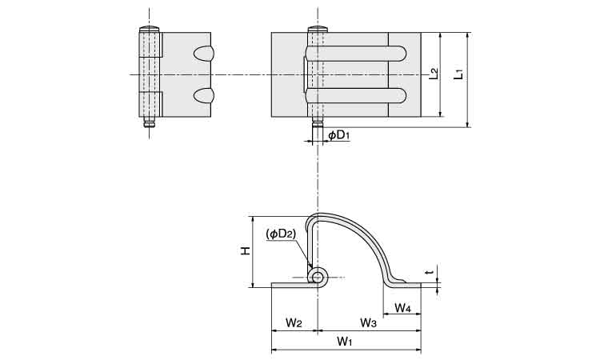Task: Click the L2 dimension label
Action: pyautogui.click(x=434, y=74)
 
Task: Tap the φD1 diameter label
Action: pyautogui.click(x=338, y=136)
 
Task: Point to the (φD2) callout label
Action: pyautogui.click(x=281, y=234)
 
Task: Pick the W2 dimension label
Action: pyautogui.click(x=294, y=322)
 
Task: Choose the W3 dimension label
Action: pyautogui.click(x=368, y=322)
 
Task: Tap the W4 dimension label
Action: pyautogui.click(x=403, y=308)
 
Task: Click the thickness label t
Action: pyautogui.click(x=430, y=274)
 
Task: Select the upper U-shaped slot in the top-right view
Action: pyautogui.click(x=356, y=54)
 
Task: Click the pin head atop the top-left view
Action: pyautogui.click(x=150, y=30)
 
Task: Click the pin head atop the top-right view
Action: pyautogui.click(x=317, y=30)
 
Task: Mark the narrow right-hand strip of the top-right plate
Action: pyautogui.click(x=404, y=75)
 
